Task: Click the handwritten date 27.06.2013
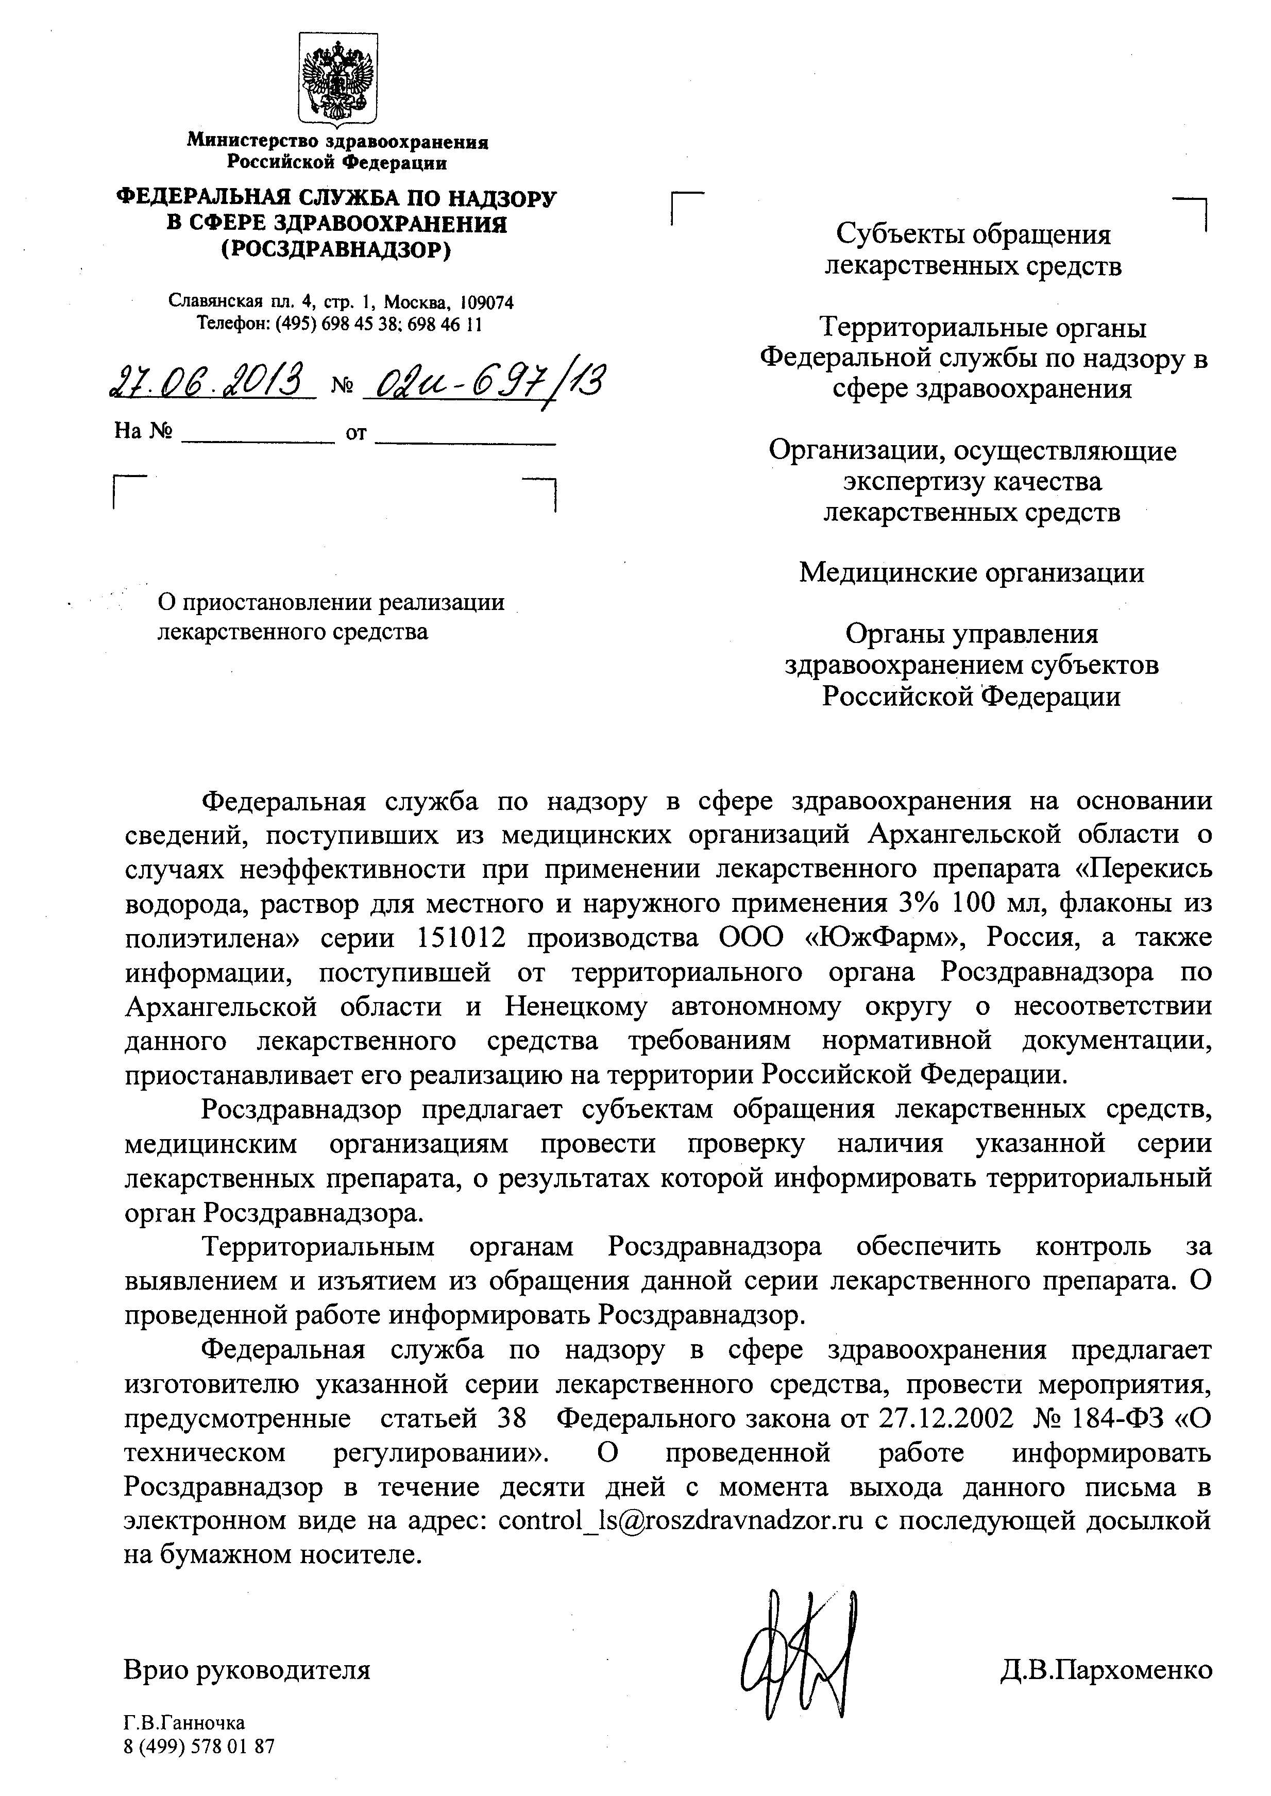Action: tap(210, 383)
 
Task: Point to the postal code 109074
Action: tap(487, 302)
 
